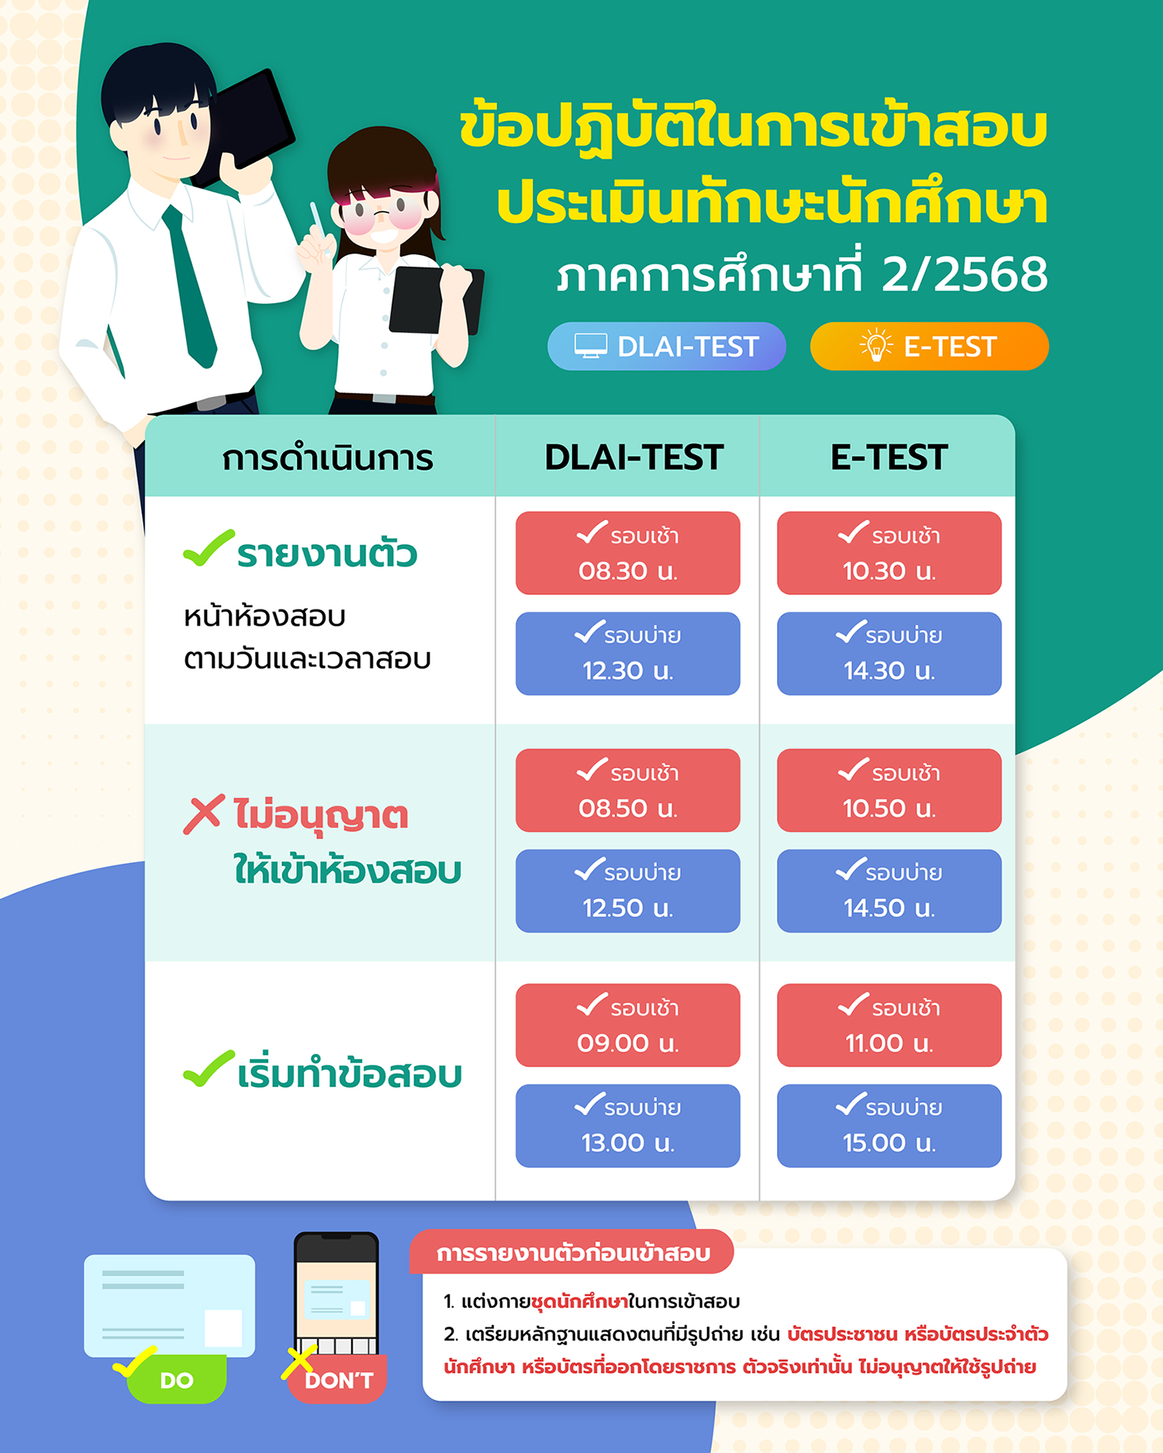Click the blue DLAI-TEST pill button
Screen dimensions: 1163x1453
(x=667, y=346)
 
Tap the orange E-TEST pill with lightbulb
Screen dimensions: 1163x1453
(x=929, y=346)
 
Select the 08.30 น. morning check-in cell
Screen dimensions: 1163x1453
(x=628, y=553)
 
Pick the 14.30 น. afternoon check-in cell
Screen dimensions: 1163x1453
(x=889, y=654)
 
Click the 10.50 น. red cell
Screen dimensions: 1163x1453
(x=889, y=790)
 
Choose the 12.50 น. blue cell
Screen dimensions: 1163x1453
(x=628, y=891)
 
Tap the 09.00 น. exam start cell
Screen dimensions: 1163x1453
(x=628, y=1025)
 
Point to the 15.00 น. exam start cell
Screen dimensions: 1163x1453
(x=889, y=1126)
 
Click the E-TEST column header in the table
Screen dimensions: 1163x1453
(x=889, y=457)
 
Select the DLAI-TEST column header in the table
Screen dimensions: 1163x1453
(x=634, y=457)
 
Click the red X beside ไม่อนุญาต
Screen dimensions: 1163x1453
(x=204, y=814)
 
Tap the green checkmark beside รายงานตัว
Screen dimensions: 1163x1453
(x=209, y=548)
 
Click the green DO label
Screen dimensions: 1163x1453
(x=176, y=1379)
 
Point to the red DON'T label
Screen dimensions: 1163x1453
(x=338, y=1379)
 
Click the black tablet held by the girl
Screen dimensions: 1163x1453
(x=433, y=301)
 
